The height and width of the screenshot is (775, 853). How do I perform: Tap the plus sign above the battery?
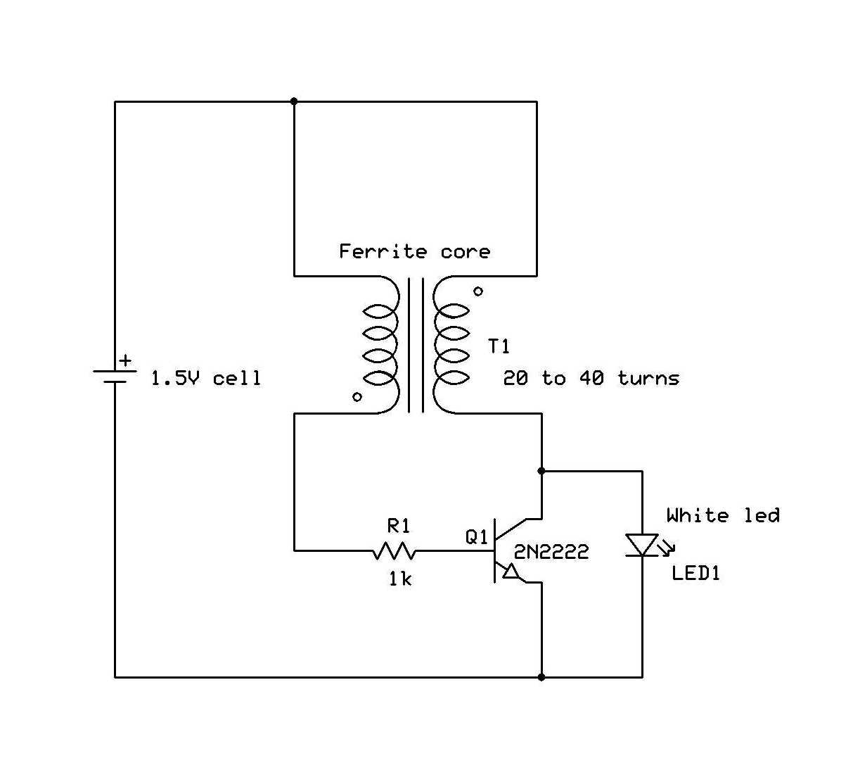click(x=124, y=361)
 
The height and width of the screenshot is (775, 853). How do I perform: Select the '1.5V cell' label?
click(x=205, y=379)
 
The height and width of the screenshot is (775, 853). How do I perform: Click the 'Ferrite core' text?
click(x=414, y=251)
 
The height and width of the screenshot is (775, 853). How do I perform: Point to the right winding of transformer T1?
click(x=450, y=344)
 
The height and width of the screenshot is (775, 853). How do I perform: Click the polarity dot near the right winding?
click(x=478, y=291)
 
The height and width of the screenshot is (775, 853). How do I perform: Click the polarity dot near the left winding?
click(x=357, y=397)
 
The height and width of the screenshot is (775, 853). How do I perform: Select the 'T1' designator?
click(x=499, y=346)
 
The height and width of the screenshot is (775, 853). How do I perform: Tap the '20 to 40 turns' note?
click(x=591, y=379)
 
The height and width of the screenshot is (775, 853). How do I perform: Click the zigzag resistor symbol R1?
click(x=394, y=550)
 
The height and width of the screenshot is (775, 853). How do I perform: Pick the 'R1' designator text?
click(x=399, y=526)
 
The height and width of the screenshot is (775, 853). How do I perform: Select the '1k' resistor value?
click(x=400, y=579)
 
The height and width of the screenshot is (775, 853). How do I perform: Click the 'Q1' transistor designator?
click(x=476, y=537)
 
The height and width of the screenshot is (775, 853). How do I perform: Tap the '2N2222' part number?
click(x=551, y=553)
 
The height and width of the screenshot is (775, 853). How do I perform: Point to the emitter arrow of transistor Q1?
click(x=511, y=572)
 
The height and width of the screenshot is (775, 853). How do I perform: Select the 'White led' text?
click(x=723, y=515)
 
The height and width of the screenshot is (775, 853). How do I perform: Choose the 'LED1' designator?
click(x=696, y=573)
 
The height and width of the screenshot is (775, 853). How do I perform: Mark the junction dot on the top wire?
click(x=294, y=101)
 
